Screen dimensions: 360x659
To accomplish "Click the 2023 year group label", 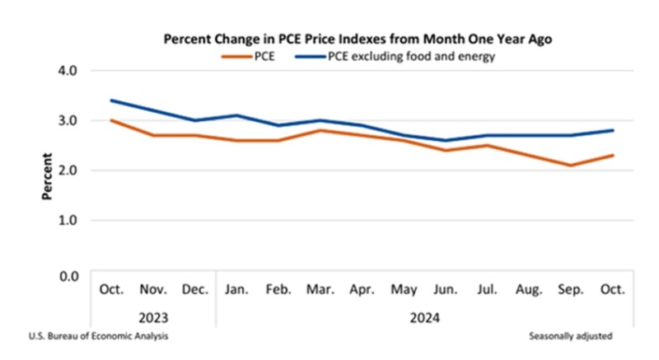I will click(152, 317).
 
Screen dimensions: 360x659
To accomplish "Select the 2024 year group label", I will click(425, 317).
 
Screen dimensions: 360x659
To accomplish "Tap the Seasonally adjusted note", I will click(572, 337).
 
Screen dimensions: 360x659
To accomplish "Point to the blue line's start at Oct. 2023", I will click(110, 101).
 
